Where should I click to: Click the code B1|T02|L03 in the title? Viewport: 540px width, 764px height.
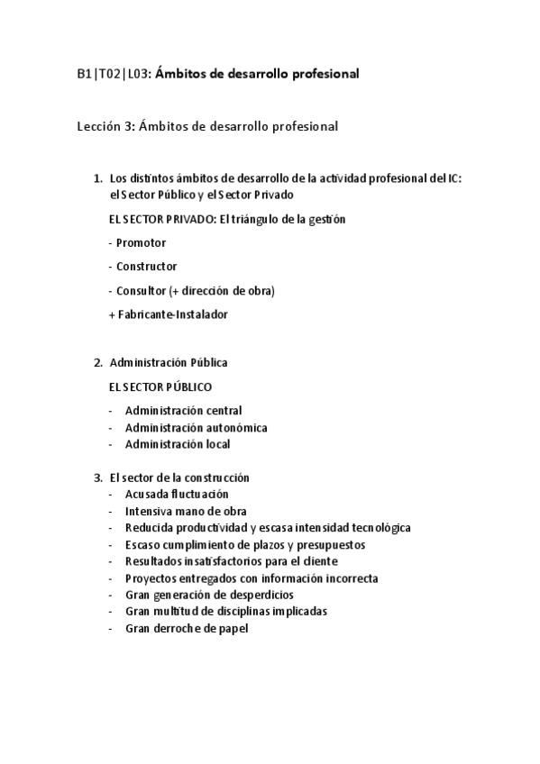[x=113, y=74]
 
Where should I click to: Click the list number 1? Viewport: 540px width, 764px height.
[x=97, y=178]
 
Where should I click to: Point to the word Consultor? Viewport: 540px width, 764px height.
[x=141, y=290]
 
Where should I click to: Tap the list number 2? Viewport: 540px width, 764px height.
[x=97, y=362]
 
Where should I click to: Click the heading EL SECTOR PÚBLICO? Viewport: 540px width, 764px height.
[x=160, y=387]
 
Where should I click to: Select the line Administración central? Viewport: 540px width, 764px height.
[x=183, y=411]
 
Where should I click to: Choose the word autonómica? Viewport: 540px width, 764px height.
[x=234, y=427]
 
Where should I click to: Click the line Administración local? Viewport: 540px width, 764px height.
[x=178, y=444]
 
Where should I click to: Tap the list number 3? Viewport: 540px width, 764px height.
[x=97, y=477]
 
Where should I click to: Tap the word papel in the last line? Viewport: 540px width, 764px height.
[x=233, y=628]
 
